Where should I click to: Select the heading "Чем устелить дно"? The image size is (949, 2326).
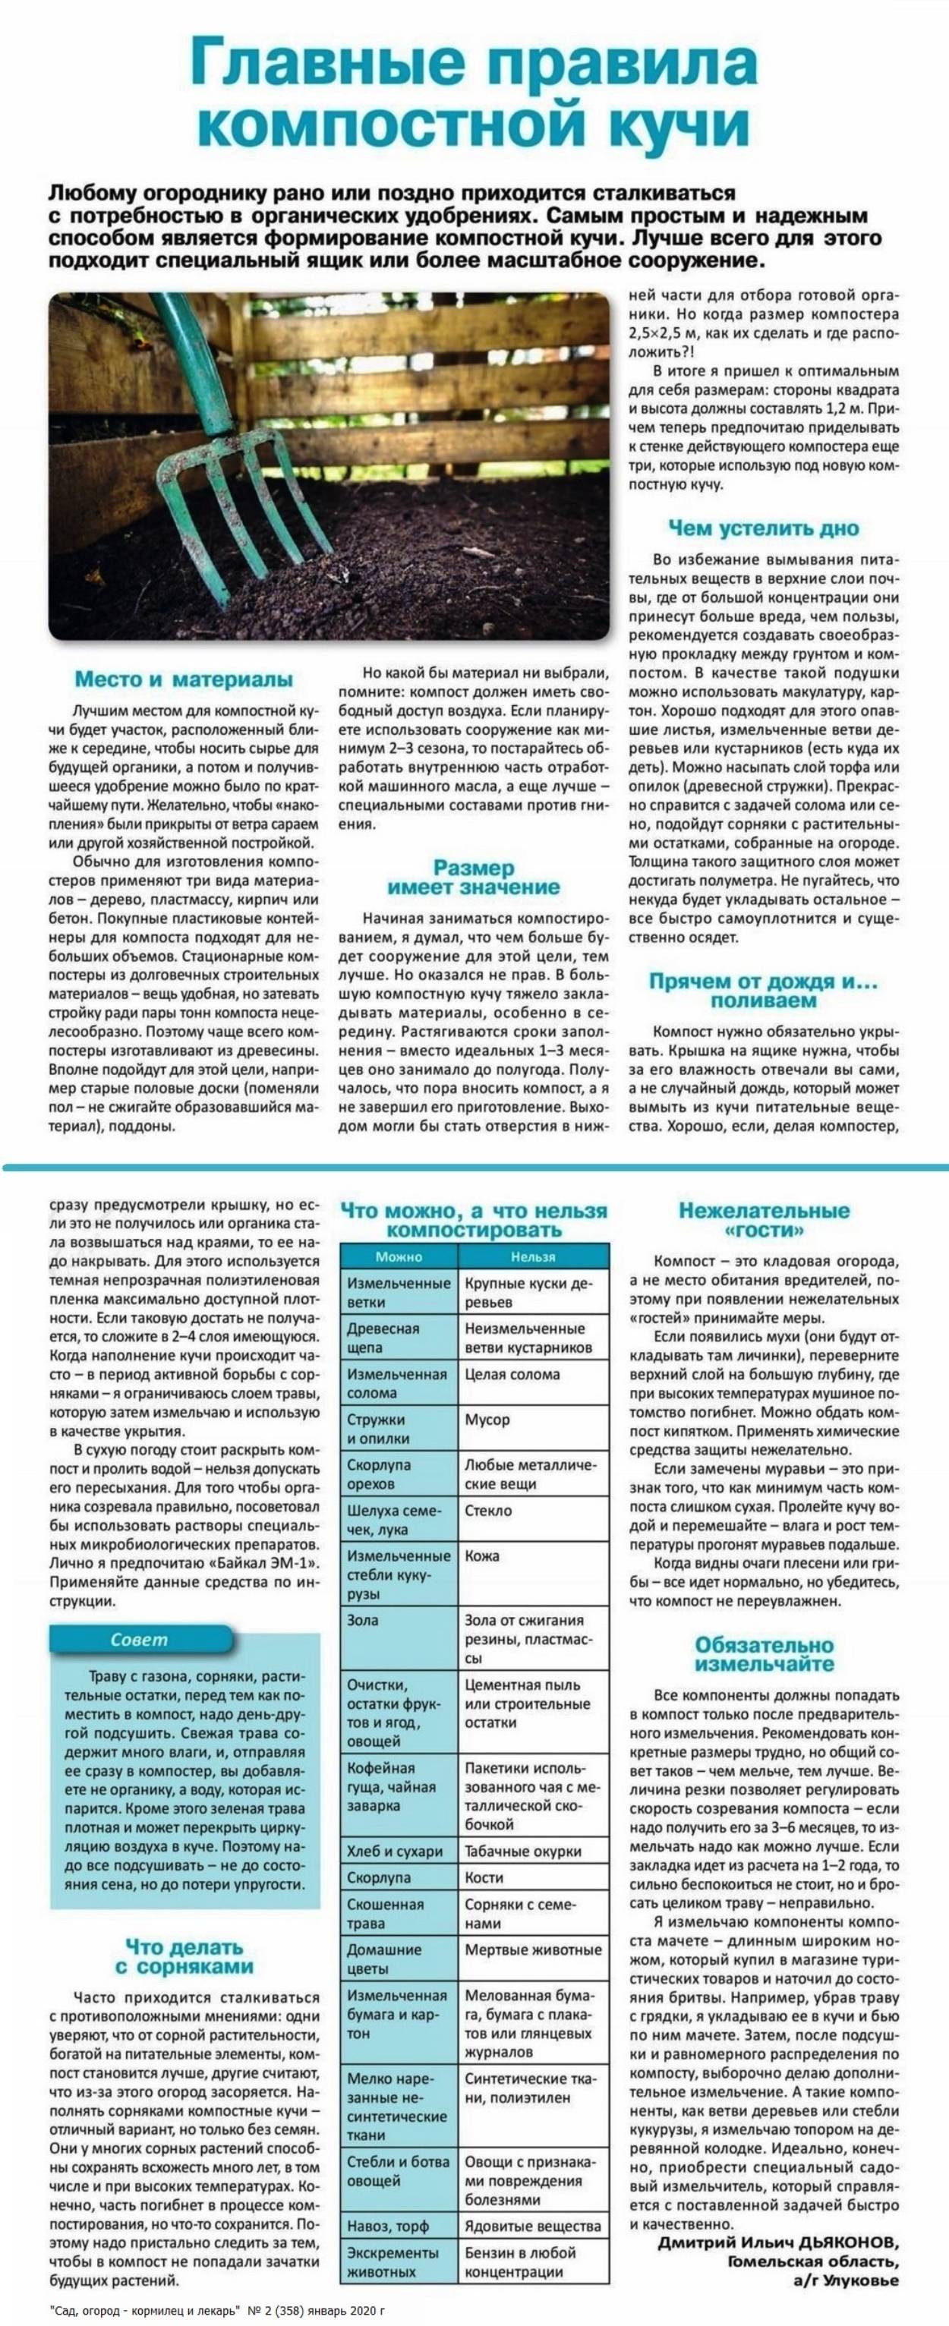coord(763,528)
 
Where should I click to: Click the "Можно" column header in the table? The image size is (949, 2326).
coord(399,1256)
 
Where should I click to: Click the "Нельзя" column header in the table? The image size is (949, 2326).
coord(533,1256)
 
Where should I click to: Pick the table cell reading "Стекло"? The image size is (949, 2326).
coord(488,1510)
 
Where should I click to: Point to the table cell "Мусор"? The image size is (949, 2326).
coord(487,1420)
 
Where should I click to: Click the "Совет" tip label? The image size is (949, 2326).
coord(139,1639)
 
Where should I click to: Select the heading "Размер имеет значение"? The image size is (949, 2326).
coord(473,877)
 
